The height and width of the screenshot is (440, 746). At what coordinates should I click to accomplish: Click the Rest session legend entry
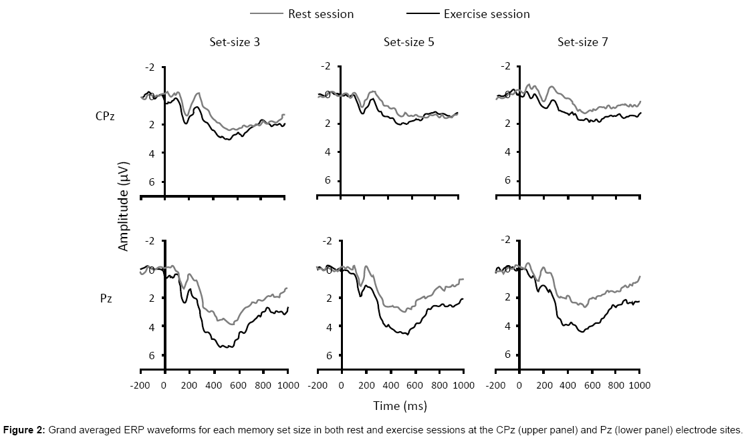tap(321, 13)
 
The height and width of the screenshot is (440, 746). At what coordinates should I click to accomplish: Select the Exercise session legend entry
tap(486, 13)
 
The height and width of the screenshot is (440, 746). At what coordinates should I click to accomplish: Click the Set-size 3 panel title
tap(234, 42)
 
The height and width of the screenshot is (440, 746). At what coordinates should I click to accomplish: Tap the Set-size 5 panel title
tap(408, 42)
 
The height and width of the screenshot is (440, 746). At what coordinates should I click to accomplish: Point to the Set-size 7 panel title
tap(583, 42)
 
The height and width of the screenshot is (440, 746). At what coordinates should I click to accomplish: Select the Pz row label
tap(106, 298)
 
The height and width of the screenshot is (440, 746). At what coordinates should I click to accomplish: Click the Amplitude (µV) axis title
tap(123, 206)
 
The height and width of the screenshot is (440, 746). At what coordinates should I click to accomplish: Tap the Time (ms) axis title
tap(400, 405)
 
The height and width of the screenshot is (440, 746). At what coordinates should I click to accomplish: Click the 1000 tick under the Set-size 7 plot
tap(640, 385)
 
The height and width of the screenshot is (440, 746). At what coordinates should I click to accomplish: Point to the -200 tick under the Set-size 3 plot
tap(140, 385)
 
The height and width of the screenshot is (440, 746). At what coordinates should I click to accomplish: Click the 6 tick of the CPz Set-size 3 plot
tap(152, 182)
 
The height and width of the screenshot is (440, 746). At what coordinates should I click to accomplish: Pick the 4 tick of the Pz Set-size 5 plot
tap(329, 327)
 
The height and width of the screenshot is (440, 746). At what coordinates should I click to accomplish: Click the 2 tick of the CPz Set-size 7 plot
tap(508, 124)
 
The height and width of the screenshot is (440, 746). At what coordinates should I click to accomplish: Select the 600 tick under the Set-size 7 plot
tap(591, 385)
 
